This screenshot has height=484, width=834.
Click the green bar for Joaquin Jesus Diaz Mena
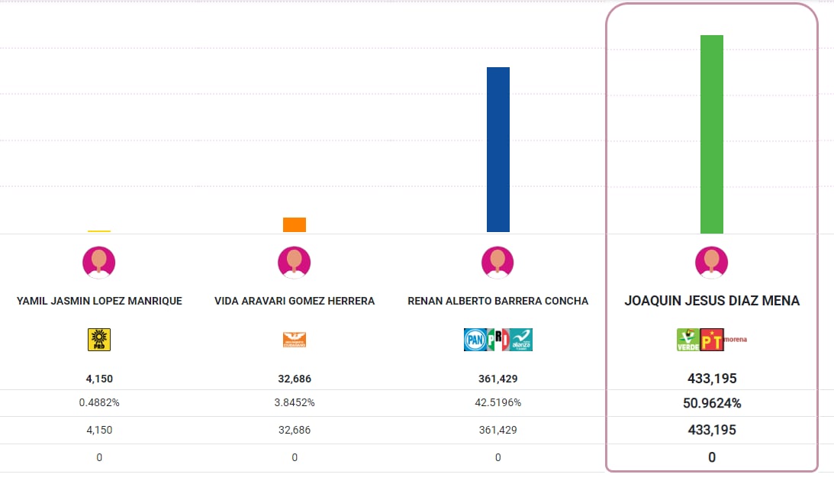[712, 134]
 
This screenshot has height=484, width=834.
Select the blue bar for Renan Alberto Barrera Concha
[498, 150]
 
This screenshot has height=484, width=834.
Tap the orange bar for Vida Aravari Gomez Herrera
[295, 224]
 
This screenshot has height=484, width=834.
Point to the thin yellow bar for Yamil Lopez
[99, 231]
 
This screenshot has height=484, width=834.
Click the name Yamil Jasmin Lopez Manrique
[99, 301]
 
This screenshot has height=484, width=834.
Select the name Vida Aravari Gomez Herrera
[295, 301]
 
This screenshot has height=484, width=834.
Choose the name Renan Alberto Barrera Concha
[498, 301]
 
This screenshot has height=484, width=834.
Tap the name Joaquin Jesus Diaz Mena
[712, 301]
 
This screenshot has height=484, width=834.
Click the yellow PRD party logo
[99, 340]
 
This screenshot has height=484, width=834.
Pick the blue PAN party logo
[475, 340]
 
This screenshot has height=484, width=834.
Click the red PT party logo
[712, 340]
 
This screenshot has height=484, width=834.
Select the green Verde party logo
[688, 340]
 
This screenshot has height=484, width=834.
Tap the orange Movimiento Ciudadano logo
[295, 340]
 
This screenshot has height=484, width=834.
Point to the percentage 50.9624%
[712, 403]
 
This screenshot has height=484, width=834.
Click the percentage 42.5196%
[498, 402]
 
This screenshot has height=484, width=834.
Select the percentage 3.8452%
[295, 402]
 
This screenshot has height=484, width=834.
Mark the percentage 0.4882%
[99, 402]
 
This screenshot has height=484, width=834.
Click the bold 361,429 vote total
[498, 379]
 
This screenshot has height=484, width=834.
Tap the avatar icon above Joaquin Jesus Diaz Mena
[712, 263]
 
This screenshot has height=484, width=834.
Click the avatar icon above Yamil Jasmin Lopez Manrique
[99, 263]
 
